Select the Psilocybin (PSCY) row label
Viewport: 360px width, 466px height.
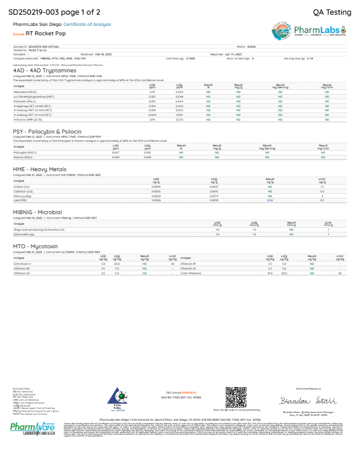click(26, 152)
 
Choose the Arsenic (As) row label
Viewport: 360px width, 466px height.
click(24, 187)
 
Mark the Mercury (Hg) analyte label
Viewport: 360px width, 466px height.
click(25, 195)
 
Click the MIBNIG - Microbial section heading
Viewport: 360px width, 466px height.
click(38, 212)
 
